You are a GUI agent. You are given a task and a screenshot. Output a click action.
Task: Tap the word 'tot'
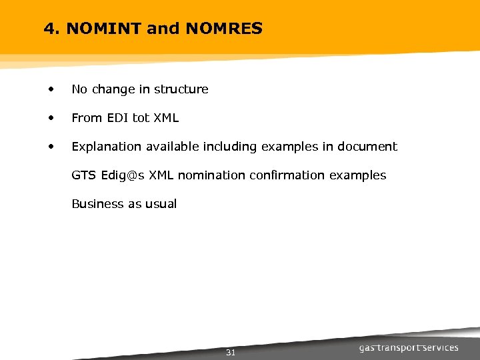[x=141, y=118]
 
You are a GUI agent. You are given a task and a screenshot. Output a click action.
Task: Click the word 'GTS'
[x=84, y=175]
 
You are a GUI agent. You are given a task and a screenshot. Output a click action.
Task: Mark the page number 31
[x=231, y=353]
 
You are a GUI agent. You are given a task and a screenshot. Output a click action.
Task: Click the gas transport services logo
[x=409, y=348]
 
